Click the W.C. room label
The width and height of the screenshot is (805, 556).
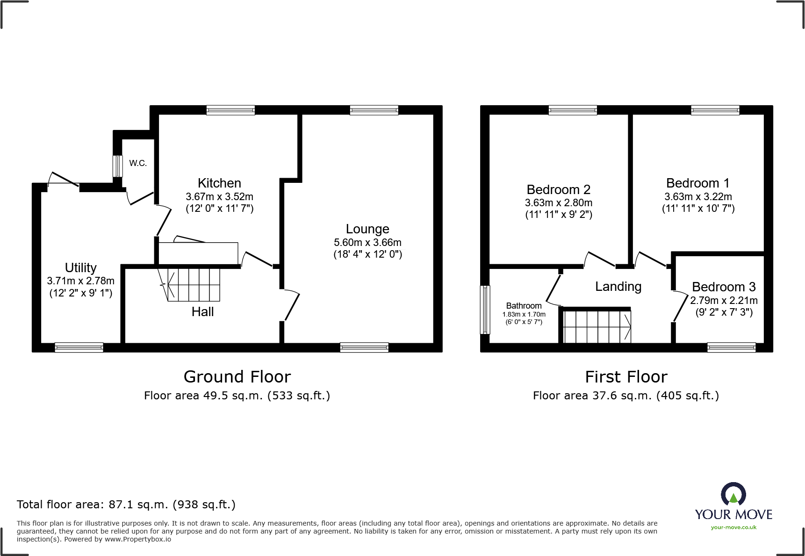[138, 163]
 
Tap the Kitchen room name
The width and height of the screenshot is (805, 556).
[219, 183]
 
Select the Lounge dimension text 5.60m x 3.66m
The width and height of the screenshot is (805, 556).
[367, 243]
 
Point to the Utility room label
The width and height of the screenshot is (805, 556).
[81, 268]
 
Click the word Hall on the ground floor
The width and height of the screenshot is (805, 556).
[202, 312]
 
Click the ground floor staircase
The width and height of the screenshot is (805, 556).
[193, 284]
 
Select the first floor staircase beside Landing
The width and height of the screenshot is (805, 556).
[597, 326]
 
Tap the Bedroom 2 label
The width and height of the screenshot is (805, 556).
[558, 190]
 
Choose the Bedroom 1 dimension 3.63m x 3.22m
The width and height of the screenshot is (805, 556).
[698, 197]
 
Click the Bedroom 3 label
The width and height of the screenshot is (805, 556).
[724, 287]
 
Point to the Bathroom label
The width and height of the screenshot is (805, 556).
[524, 306]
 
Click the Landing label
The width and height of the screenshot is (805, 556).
[618, 287]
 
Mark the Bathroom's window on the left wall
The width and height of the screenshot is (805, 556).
[486, 310]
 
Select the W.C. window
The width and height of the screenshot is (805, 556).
[117, 166]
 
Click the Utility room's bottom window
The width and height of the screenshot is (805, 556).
[79, 347]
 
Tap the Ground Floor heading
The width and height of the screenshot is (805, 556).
[237, 377]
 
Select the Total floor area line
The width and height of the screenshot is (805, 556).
[126, 505]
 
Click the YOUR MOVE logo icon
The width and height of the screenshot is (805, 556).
[733, 494]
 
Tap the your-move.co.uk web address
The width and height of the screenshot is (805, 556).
[733, 527]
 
